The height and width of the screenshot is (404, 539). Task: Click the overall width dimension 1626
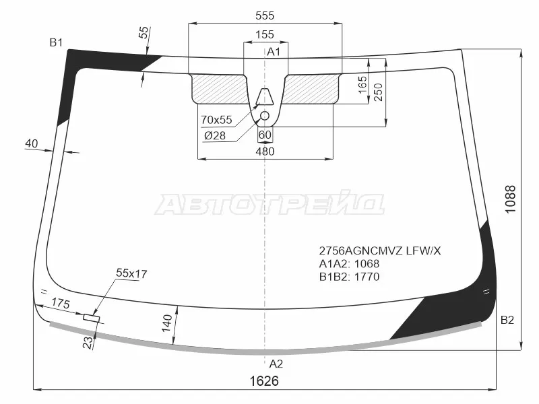264,381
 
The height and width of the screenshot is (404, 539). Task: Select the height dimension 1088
511,199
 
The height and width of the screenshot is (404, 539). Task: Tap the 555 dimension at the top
265,15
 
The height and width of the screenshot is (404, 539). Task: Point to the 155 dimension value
265,34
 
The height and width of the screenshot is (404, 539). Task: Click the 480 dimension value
265,151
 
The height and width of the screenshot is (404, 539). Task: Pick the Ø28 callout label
215,136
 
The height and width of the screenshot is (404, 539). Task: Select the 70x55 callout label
216,120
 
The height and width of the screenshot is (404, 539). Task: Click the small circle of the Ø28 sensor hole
264,116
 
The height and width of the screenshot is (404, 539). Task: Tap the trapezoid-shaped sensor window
265,96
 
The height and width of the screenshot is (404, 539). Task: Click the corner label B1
56,42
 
